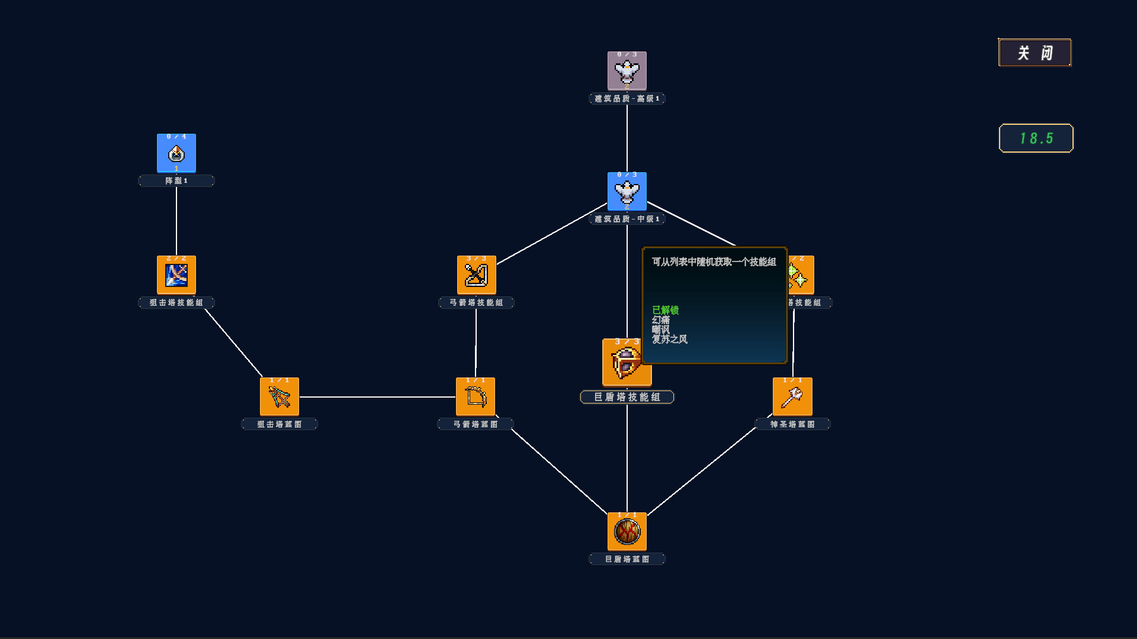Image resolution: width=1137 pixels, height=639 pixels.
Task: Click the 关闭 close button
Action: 1035,53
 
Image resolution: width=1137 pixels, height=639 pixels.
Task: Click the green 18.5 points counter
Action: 1036,138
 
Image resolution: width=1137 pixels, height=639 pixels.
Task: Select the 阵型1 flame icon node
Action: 176,153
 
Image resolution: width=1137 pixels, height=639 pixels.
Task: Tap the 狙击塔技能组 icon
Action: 176,275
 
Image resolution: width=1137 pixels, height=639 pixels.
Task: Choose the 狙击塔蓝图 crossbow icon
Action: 280,397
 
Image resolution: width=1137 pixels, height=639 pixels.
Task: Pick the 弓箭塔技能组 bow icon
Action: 476,275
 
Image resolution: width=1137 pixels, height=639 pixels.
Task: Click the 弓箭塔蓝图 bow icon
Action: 476,397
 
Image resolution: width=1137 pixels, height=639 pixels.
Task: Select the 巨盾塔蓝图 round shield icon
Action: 627,532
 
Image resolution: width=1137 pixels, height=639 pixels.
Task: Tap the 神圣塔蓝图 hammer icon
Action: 792,397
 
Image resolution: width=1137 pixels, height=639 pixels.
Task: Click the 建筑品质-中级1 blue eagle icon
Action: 627,192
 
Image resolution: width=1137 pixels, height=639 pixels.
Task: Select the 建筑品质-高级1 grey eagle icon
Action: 627,71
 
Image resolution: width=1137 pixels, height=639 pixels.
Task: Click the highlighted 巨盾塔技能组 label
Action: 627,397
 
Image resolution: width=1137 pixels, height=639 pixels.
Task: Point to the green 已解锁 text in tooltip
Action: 665,310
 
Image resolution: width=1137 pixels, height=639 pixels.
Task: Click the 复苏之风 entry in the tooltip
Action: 670,340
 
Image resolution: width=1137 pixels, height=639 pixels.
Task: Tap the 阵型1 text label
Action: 176,181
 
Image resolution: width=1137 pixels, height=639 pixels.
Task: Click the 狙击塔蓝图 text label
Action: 280,424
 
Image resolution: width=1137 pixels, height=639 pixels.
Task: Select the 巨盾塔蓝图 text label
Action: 627,559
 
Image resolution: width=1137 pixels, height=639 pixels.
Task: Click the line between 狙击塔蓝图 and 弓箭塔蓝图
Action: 377,397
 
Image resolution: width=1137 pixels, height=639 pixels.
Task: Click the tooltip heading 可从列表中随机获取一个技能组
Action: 714,262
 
